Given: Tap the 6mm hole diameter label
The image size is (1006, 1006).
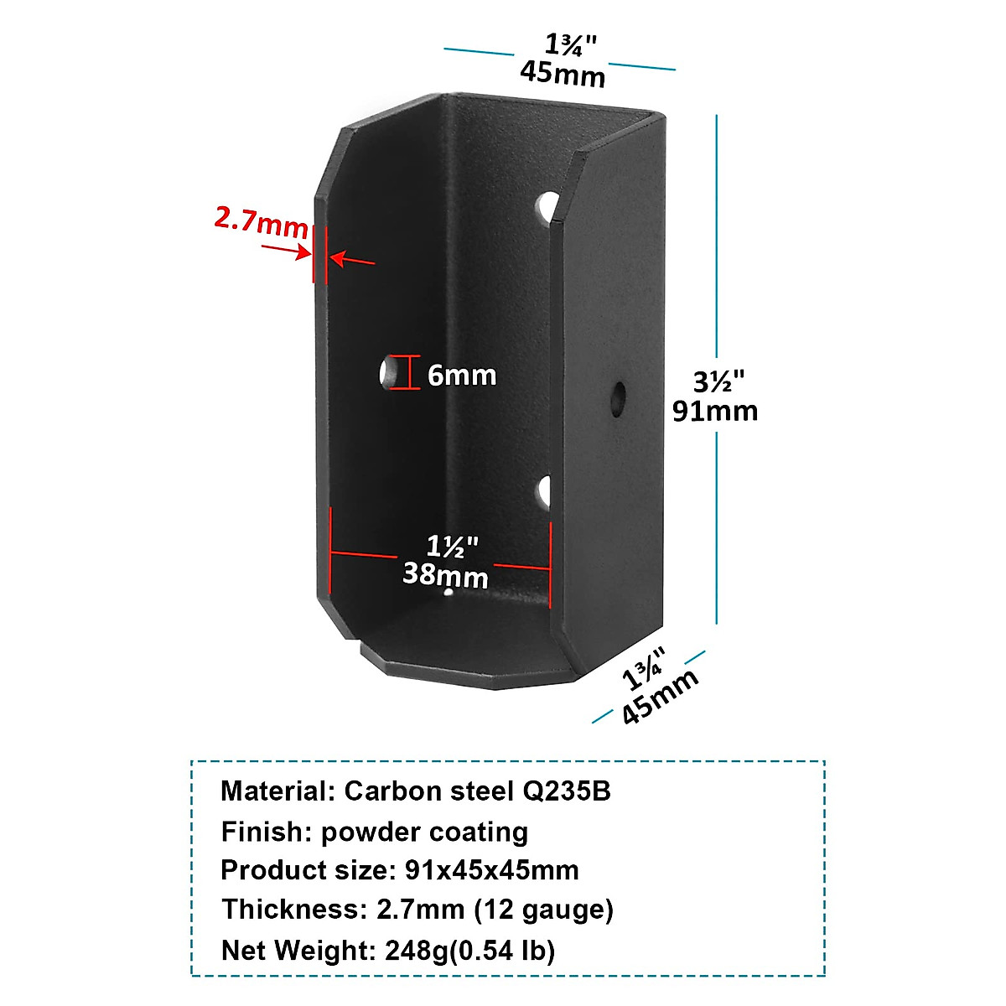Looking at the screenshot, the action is (462, 375).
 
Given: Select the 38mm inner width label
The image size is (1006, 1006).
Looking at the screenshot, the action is (445, 575).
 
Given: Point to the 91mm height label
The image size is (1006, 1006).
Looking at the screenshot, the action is (715, 410).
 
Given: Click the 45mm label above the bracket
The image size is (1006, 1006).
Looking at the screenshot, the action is (562, 74).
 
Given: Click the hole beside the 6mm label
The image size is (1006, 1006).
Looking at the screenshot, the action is (389, 372).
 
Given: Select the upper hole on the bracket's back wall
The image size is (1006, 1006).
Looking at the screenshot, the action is (547, 206).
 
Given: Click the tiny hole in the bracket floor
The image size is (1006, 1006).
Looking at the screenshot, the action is (449, 594).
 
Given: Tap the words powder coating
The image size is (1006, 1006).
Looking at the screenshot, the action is (424, 832).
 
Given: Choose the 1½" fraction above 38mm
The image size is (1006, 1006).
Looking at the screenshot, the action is (452, 547).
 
